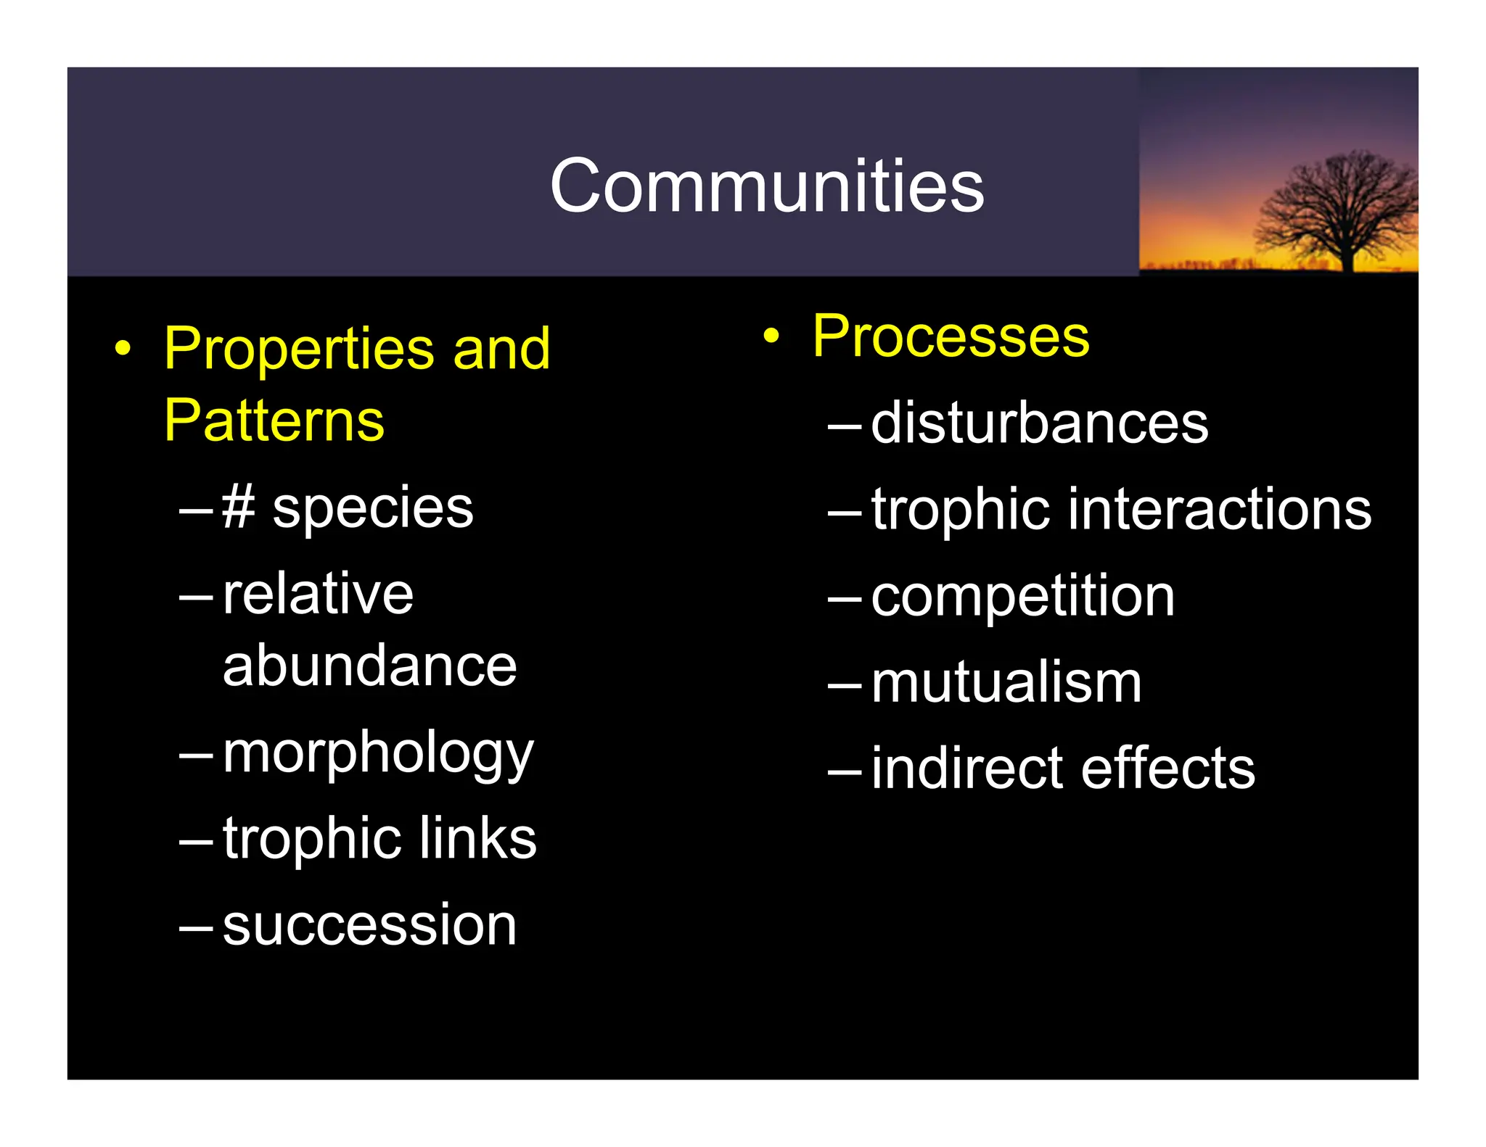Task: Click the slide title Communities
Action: pyautogui.click(x=767, y=186)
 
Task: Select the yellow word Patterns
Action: pyautogui.click(x=274, y=421)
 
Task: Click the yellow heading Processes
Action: pyautogui.click(x=951, y=336)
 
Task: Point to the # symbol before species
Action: pyautogui.click(x=238, y=507)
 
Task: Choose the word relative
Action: pyautogui.click(x=318, y=593)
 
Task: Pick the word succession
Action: pyautogui.click(x=369, y=925)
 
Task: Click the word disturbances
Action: pyautogui.click(x=1039, y=423)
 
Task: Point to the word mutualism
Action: pyautogui.click(x=1006, y=683)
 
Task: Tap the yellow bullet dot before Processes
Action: pyautogui.click(x=771, y=336)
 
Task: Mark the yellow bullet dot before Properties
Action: pyautogui.click(x=123, y=349)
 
